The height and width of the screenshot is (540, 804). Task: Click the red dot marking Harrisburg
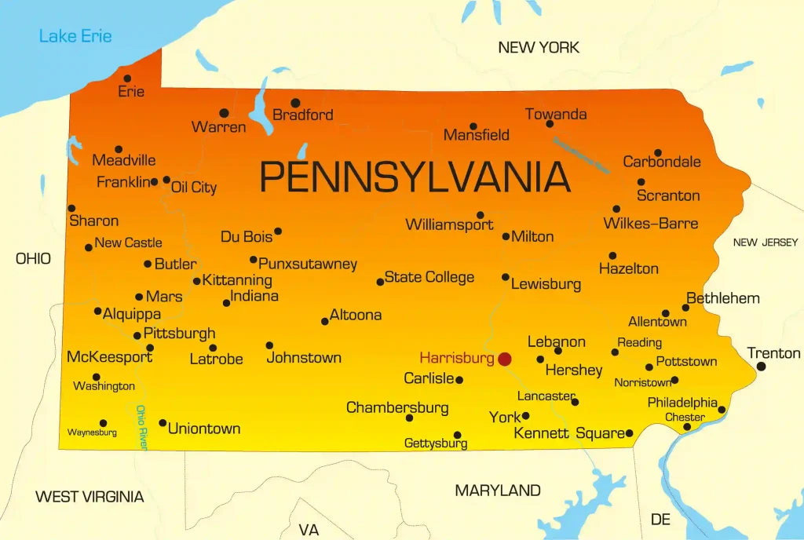pyautogui.click(x=504, y=359)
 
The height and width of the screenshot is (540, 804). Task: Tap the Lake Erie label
pyautogui.click(x=75, y=35)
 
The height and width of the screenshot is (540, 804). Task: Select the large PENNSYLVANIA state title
pyautogui.click(x=415, y=177)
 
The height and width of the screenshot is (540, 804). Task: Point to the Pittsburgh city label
pyautogui.click(x=179, y=334)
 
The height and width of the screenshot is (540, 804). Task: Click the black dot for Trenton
pyautogui.click(x=761, y=367)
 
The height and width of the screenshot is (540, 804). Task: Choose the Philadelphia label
pyautogui.click(x=682, y=402)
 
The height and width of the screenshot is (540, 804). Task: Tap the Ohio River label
pyautogui.click(x=141, y=426)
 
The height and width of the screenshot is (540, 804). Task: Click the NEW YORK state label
pyautogui.click(x=539, y=48)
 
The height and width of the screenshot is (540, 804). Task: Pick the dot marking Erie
pyautogui.click(x=127, y=78)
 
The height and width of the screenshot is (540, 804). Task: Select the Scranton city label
pyautogui.click(x=668, y=195)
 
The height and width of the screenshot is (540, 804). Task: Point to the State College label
pyautogui.click(x=429, y=277)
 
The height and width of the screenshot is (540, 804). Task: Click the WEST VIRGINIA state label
pyautogui.click(x=90, y=497)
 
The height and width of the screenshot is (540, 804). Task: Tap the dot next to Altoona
pyautogui.click(x=324, y=321)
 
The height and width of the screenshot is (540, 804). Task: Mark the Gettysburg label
pyautogui.click(x=436, y=443)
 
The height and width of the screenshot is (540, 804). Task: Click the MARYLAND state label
pyautogui.click(x=498, y=491)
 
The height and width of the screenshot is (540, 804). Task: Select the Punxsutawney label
pyautogui.click(x=308, y=264)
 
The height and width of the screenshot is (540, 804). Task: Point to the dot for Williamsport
pyautogui.click(x=480, y=215)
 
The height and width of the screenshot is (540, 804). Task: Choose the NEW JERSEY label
pyautogui.click(x=765, y=243)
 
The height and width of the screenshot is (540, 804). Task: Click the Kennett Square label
pyautogui.click(x=568, y=433)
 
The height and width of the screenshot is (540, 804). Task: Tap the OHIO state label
pyautogui.click(x=33, y=258)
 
